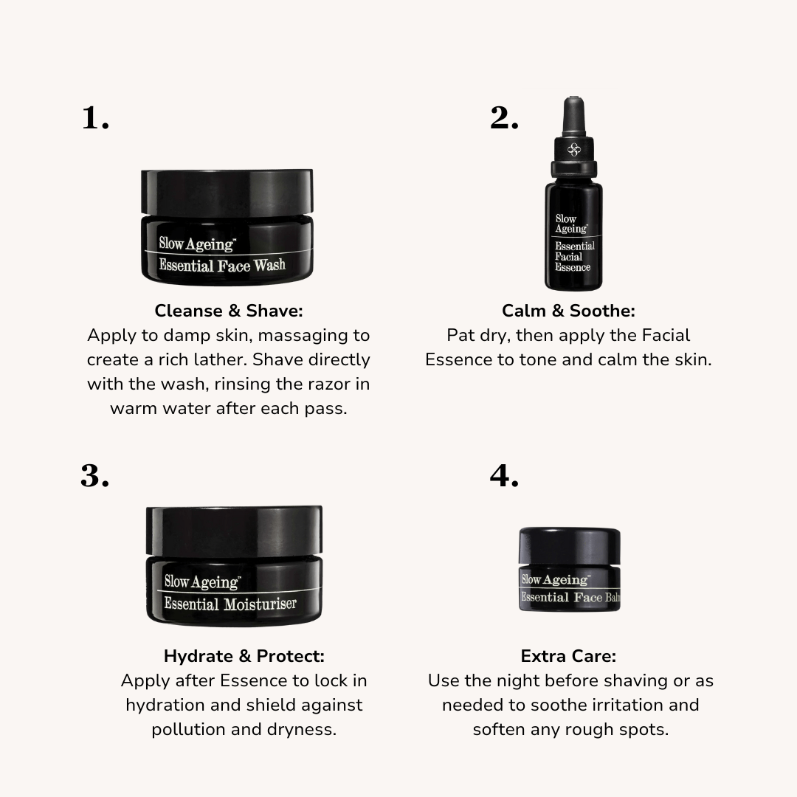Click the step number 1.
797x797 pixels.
pos(95,118)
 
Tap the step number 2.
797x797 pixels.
pos(504,118)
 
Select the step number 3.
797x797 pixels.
pos(94,476)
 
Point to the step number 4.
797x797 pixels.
pos(504,476)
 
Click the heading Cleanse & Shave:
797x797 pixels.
pos(229,311)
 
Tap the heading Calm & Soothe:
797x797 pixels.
pos(568,311)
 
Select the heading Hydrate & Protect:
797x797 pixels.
pos(244,656)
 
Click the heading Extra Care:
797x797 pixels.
pos(568,656)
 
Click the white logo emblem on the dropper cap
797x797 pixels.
pos(573,150)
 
